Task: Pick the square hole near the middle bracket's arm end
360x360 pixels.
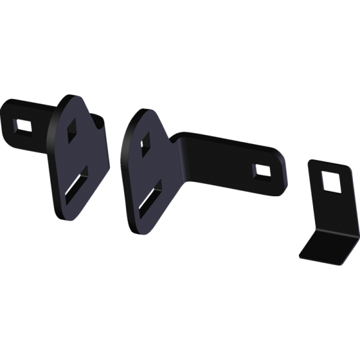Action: pos(262,171)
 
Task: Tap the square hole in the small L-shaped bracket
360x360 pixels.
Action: pos(331,180)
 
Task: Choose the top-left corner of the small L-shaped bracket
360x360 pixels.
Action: pos(309,161)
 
